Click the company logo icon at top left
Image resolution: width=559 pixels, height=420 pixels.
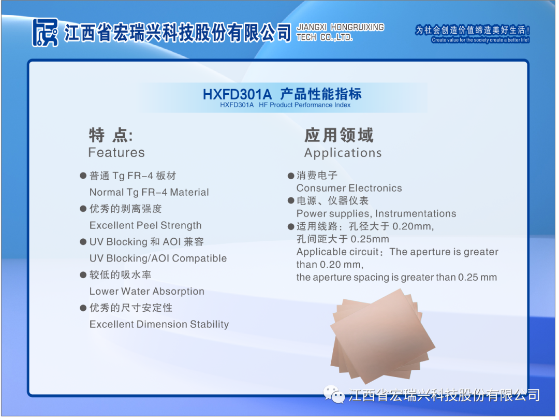(x=45, y=33)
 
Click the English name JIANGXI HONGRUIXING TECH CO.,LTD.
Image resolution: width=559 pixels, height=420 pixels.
(x=340, y=32)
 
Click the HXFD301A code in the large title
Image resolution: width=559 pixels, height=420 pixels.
(x=237, y=95)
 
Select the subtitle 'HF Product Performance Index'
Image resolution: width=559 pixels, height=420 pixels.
(x=304, y=105)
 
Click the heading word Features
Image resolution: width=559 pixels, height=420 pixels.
(x=116, y=152)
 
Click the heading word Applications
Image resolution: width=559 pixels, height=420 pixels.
(x=343, y=153)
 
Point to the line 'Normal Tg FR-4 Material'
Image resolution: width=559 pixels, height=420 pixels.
(x=149, y=192)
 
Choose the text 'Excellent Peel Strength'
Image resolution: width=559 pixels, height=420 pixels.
(x=145, y=225)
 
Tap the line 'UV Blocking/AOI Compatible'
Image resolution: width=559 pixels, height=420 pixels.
(x=158, y=258)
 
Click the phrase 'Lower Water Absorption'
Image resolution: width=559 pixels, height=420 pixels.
(x=147, y=292)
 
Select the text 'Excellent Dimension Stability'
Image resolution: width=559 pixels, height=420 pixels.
(x=159, y=324)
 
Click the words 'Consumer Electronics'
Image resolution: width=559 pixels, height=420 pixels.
(x=349, y=188)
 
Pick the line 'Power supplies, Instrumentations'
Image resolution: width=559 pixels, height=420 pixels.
(x=376, y=213)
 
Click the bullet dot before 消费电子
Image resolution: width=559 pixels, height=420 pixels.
(x=291, y=176)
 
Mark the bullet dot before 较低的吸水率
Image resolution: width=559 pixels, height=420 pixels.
(x=83, y=275)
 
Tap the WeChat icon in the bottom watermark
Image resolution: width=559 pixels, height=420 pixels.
(x=334, y=394)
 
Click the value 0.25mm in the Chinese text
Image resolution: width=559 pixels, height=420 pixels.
(x=370, y=239)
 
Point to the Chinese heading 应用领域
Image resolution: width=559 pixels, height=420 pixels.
(x=339, y=135)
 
